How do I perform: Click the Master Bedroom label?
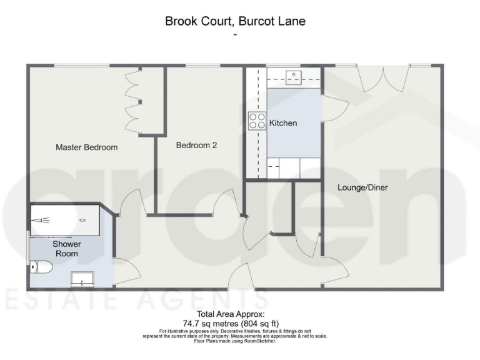pos(87,147)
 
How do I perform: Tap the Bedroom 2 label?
pos(196,145)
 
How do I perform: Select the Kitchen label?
pos(283,123)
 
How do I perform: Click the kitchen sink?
pos(294,77)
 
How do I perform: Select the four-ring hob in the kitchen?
pos(257,119)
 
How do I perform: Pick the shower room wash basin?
pos(82,278)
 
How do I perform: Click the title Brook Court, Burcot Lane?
pos(235,21)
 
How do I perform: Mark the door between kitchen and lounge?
pos(334,108)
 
